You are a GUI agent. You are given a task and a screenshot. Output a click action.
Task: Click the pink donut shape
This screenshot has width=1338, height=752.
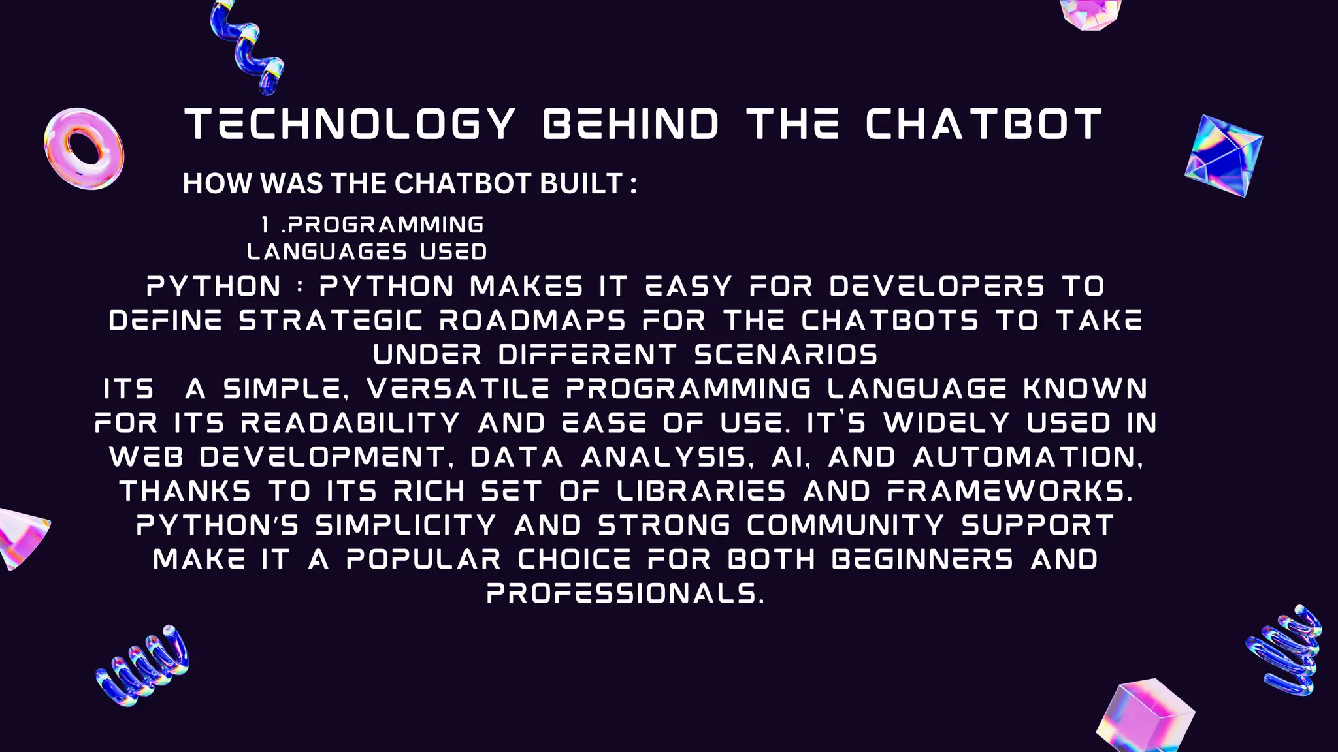point(84,149)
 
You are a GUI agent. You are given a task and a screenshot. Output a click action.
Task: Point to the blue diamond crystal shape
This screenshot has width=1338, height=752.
point(1223,155)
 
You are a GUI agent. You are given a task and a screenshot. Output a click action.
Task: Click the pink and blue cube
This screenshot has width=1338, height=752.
point(1145,717)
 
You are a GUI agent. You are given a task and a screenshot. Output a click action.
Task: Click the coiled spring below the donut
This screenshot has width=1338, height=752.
point(142,666)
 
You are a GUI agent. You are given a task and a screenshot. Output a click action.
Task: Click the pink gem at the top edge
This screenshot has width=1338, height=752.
point(1089,12)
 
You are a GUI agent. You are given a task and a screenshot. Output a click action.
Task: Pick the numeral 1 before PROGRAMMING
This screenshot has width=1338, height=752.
point(265,225)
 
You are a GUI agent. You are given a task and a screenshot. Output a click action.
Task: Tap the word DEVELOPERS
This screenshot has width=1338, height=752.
point(937,287)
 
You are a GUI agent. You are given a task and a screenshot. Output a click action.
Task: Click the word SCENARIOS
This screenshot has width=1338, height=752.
point(786,355)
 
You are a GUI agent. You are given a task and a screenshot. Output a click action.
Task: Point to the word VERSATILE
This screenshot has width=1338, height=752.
point(458,389)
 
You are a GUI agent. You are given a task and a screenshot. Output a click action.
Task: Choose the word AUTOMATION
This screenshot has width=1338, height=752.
point(1028,457)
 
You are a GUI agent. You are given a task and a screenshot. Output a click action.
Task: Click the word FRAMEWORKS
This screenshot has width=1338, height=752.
point(1009,491)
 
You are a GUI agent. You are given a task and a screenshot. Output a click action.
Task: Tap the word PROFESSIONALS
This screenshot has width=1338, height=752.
point(625,593)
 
